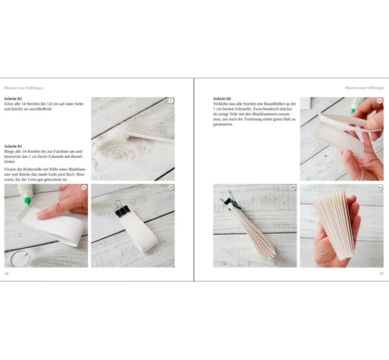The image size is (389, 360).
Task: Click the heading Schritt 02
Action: [x=13, y=99]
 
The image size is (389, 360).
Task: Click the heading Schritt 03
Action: [x=13, y=146]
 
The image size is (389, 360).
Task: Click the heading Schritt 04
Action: [x=222, y=99]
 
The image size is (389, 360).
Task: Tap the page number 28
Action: [x=7, y=273]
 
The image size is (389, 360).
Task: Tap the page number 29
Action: [x=381, y=273]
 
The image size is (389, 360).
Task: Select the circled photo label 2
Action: [x=171, y=101]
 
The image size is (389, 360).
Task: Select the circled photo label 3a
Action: [x=84, y=188]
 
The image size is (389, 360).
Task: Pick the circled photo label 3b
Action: [x=171, y=188]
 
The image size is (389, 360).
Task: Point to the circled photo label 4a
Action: [x=380, y=101]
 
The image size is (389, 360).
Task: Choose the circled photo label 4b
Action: [x=293, y=188]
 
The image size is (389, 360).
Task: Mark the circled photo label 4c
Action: [x=380, y=188]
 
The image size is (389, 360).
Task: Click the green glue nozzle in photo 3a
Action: [x=27, y=201]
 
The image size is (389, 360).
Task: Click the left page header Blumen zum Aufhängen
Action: [x=24, y=88]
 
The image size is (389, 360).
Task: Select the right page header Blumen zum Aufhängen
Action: [x=365, y=88]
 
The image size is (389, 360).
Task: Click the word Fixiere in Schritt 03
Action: [x=10, y=169]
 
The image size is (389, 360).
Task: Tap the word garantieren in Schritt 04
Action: [x=223, y=125]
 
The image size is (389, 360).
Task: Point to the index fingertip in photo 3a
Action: [x=40, y=216]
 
